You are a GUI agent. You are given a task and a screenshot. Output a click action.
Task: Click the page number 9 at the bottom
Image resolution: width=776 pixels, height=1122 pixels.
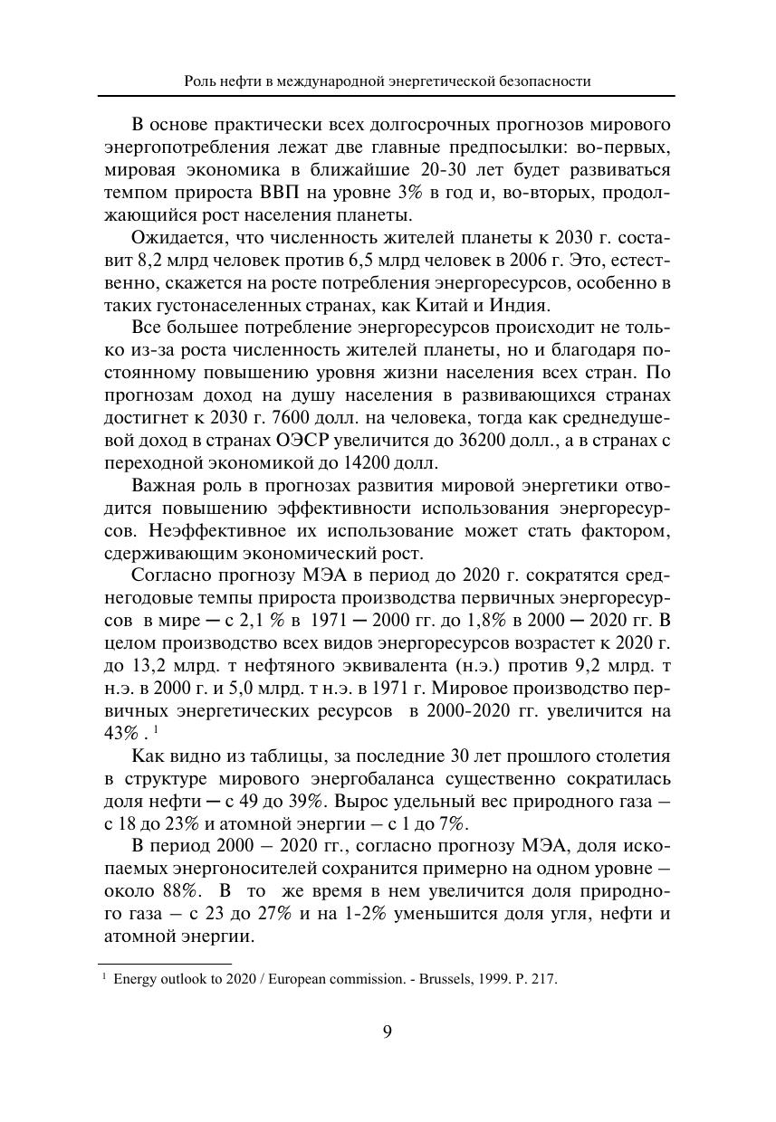pyautogui.click(x=388, y=1032)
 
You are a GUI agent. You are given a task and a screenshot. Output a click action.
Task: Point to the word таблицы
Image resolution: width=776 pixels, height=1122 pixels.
pyautogui.click(x=276, y=758)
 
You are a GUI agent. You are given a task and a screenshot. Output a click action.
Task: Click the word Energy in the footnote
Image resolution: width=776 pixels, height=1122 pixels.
pyautogui.click(x=132, y=979)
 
